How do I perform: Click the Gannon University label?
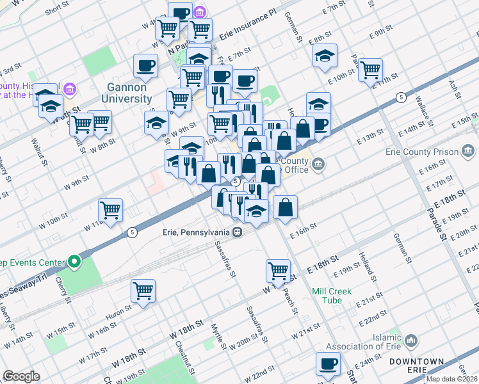pos(127,93)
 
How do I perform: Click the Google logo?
pos(21,376)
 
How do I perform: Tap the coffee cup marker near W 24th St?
pos(329,364)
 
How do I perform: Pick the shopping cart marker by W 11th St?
pos(111,210)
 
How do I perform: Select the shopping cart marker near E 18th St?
pos(278,271)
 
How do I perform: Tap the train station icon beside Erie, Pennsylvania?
pos(237,232)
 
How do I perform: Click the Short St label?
pos(57,10)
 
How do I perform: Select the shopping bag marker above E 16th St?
pos(286,207)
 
